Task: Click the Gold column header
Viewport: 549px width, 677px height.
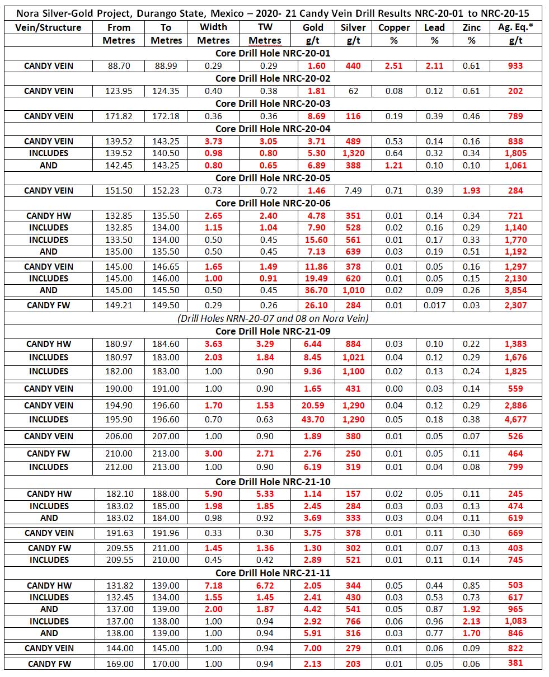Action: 313,27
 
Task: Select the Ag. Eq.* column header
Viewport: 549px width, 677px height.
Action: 515,27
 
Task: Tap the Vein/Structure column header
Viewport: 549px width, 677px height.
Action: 49,27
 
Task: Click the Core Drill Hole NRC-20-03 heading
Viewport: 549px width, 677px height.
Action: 273,104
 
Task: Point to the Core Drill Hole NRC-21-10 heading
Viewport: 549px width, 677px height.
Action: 273,481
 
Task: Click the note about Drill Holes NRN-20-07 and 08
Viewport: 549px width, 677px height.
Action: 273,318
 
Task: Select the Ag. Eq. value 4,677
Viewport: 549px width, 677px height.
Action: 515,419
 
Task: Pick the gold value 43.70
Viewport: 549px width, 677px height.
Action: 313,419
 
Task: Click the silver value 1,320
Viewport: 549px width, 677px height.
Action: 353,153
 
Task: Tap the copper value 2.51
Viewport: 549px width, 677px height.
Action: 394,65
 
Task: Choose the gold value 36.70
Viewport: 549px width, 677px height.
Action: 313,290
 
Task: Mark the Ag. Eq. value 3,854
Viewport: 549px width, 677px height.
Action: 515,290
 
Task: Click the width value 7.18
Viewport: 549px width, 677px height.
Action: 214,585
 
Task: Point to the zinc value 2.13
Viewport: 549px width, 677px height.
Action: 471,621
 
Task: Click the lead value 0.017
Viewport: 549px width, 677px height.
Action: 434,305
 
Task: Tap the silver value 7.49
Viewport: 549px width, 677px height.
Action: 353,190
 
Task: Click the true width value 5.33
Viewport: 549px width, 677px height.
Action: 265,493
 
